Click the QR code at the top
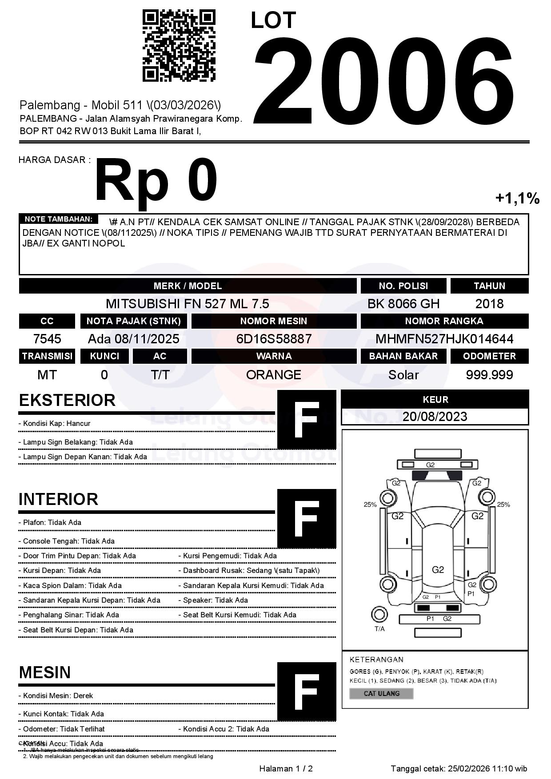[179, 46]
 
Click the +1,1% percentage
[517, 198]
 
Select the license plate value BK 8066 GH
[403, 304]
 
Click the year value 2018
[489, 304]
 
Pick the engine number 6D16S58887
[274, 339]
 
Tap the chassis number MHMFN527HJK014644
[444, 339]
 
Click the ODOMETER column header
[489, 356]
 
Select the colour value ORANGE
[274, 375]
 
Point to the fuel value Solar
[403, 375]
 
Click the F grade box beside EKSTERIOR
[307, 420]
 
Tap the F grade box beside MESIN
[307, 692]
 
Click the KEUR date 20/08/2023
[435, 417]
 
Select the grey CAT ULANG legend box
[381, 693]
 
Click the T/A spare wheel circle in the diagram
[379, 615]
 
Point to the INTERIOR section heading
[58, 499]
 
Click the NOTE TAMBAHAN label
[58, 219]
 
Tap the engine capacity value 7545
[47, 339]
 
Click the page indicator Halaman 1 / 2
[286, 769]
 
